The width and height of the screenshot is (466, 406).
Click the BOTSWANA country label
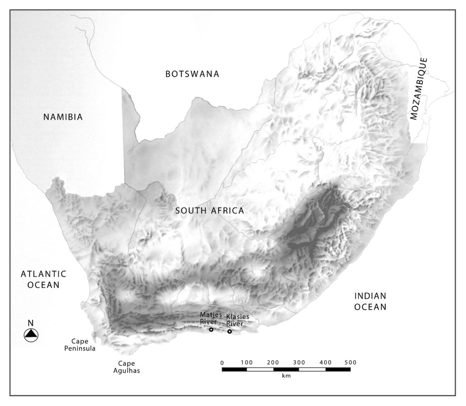click(x=192, y=74)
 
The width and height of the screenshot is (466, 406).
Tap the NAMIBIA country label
click(x=63, y=117)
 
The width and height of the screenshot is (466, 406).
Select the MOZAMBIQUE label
click(x=419, y=89)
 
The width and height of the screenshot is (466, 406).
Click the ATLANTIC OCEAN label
click(x=43, y=279)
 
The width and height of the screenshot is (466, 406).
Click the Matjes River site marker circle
click(x=211, y=330)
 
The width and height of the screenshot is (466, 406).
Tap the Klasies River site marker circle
click(x=230, y=332)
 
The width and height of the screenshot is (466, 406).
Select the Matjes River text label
click(x=211, y=318)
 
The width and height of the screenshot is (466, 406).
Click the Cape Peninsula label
click(x=83, y=345)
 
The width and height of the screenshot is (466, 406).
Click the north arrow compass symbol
click(x=31, y=335)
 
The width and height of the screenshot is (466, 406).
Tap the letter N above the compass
click(x=31, y=323)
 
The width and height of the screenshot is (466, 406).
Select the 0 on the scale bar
click(x=222, y=362)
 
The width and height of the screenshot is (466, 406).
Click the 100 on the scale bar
click(x=247, y=362)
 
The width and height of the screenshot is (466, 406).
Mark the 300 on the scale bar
click(x=299, y=362)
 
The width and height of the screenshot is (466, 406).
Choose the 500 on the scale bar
click(x=350, y=362)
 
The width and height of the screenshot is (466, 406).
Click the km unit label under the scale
click(x=286, y=376)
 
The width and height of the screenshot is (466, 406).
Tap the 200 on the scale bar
click(x=273, y=362)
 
